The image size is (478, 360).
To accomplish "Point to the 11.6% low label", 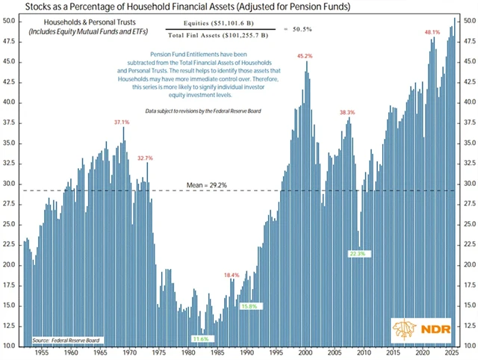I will tap(200, 338).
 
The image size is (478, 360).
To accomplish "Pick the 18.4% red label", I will tap(232, 276).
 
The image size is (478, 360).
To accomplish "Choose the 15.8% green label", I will tap(248, 305).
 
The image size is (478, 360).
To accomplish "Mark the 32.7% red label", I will tap(145, 158).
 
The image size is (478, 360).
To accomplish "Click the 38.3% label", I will tap(347, 113).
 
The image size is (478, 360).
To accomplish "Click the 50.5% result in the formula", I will tap(311, 29).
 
